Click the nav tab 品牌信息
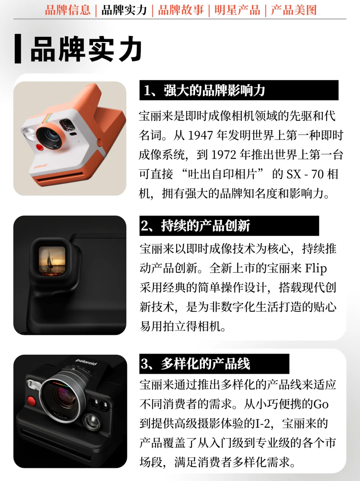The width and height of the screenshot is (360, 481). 68,10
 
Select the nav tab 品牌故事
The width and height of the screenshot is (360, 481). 181,10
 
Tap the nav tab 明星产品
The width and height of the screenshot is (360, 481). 237,10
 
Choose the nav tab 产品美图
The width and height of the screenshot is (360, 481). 294,10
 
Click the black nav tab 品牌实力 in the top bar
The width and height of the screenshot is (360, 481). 124,10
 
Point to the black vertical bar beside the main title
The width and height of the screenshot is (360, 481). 18,48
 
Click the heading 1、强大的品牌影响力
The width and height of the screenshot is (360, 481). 204,90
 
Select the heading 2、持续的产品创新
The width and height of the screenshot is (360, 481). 195,225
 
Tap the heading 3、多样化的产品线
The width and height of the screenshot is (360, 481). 195,364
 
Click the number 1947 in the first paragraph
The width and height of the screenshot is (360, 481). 200,135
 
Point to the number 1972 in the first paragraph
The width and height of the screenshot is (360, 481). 224,155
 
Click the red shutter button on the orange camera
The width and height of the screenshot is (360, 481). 39,147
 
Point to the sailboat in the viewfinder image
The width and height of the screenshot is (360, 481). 50,259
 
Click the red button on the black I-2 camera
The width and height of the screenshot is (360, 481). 31,401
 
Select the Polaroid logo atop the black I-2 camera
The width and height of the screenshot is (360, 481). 86,362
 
